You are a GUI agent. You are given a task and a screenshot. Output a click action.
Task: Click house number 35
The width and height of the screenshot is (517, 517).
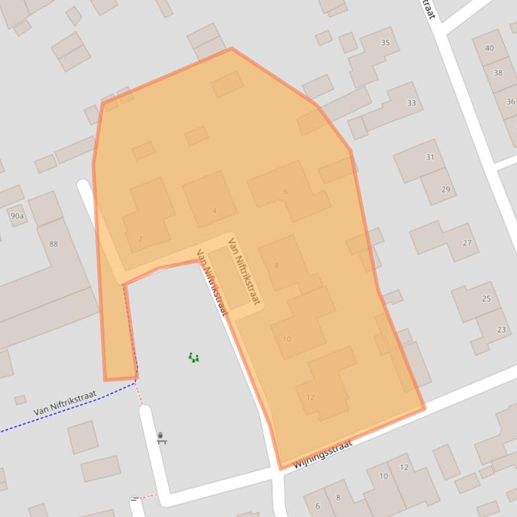pos(385,42)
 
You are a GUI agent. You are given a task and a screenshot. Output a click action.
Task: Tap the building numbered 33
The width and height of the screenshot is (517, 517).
pos(411,103)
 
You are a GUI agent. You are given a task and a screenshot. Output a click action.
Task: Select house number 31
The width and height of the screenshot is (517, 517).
pos(430,157)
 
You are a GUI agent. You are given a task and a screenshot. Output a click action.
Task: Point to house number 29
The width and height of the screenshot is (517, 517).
pos(446,189)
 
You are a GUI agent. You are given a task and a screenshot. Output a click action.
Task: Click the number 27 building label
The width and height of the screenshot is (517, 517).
pos(467,242)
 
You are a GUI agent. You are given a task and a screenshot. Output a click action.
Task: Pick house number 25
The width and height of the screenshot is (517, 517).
pos(486,298)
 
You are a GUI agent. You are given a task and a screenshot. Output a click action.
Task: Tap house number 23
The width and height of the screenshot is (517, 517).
pos(502,329)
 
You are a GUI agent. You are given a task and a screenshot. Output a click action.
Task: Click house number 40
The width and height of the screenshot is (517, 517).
pos(489,48)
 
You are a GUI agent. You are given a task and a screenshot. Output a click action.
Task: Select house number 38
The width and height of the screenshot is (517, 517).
pos(498,73)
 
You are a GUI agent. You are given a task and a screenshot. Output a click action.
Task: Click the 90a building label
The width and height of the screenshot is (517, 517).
pos(17,216)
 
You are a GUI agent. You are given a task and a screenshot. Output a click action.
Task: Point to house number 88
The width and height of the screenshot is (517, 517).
pos(54,243)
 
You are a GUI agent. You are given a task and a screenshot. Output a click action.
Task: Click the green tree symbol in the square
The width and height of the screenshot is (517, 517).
pos(194,357)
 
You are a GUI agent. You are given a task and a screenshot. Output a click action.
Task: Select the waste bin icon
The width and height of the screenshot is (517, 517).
pos(161,438)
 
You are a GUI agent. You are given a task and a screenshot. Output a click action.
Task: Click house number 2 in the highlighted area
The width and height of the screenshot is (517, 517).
pos(141,238)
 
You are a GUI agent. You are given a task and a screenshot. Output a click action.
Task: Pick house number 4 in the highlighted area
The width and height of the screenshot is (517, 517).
pos(214,211)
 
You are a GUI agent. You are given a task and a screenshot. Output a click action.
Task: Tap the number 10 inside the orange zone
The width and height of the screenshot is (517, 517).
pos(287,338)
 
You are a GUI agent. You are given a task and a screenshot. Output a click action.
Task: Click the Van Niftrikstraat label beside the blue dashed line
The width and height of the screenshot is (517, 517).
pos(65,403)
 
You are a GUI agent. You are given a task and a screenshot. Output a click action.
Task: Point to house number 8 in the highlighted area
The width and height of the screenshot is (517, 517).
pos(276,265)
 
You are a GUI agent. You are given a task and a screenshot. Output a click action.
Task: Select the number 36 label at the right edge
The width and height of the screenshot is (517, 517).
pos(511,101)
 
